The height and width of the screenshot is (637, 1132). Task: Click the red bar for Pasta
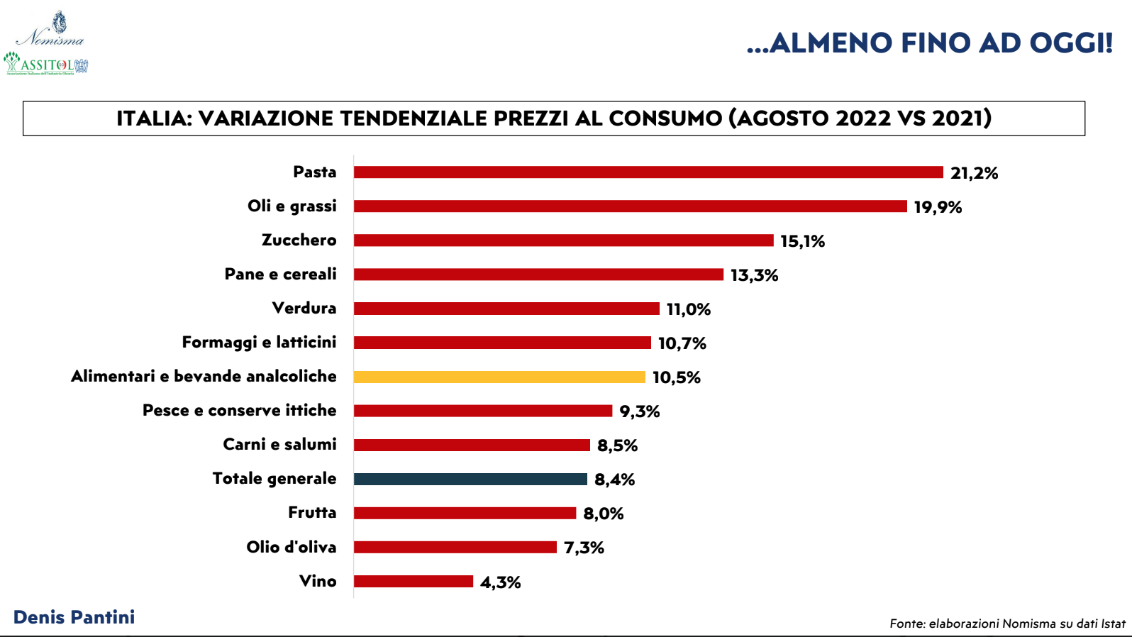[648, 172]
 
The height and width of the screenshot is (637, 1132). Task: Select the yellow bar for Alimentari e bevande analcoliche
[499, 377]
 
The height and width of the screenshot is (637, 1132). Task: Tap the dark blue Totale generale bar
[470, 480]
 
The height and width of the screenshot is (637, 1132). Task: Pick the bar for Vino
[414, 582]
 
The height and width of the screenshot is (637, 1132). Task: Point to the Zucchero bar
[563, 240]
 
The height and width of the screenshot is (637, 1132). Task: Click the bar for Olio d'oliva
[455, 548]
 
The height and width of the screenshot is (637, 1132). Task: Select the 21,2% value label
[974, 173]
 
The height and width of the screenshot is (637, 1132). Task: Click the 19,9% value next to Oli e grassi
[938, 207]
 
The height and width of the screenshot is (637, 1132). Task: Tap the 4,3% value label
[501, 582]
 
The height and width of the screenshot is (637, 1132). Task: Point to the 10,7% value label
[682, 343]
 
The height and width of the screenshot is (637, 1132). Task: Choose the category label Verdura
[304, 308]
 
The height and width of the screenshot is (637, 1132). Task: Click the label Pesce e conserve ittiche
[239, 410]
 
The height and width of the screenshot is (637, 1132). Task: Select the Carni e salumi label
[279, 444]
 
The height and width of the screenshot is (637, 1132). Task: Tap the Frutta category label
[312, 512]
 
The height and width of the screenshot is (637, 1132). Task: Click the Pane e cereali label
[280, 274]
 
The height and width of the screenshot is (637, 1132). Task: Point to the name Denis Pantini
[74, 617]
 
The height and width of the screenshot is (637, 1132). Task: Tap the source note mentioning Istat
[1007, 624]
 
